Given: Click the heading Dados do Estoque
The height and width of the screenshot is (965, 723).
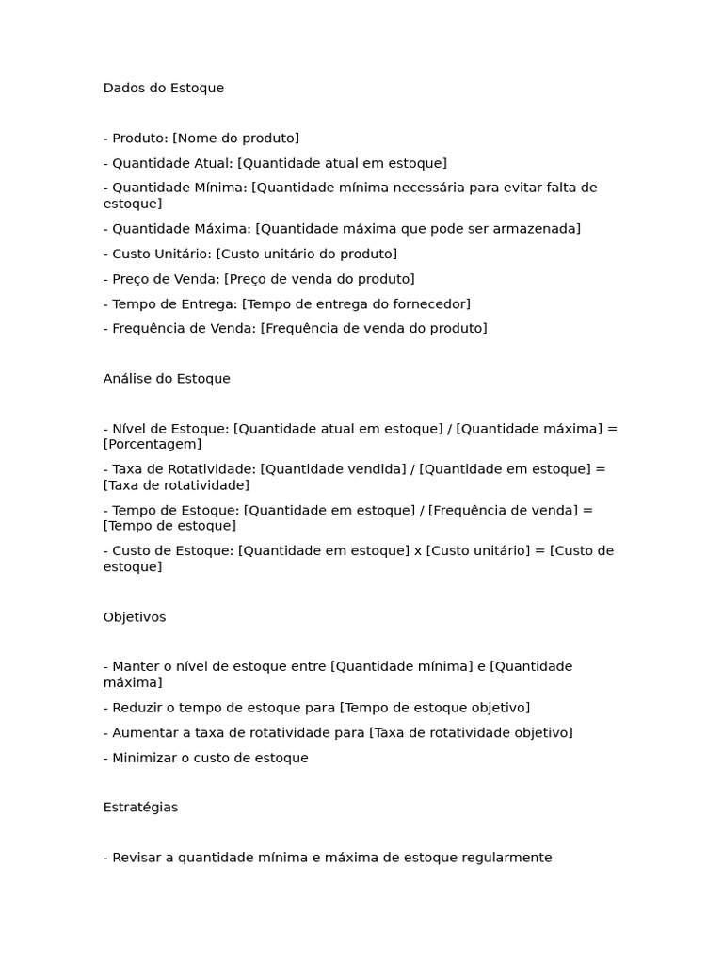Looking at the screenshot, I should [x=164, y=88].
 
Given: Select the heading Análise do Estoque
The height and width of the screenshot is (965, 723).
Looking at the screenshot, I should [x=167, y=378].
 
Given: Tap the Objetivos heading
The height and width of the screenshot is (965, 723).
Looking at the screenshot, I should [x=134, y=617].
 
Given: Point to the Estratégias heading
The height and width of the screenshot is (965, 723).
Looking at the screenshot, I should [x=140, y=807].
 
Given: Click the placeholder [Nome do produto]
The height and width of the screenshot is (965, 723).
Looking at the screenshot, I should [x=235, y=138].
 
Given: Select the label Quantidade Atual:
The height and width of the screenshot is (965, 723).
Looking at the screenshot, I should [x=172, y=163].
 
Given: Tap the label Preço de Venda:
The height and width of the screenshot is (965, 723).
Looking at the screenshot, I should [x=166, y=279].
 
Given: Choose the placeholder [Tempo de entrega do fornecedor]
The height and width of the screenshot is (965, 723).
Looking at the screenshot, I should [x=356, y=303].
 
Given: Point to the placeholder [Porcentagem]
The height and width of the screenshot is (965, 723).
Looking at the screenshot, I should [x=153, y=444].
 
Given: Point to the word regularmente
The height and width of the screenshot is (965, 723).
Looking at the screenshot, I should [x=507, y=858].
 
